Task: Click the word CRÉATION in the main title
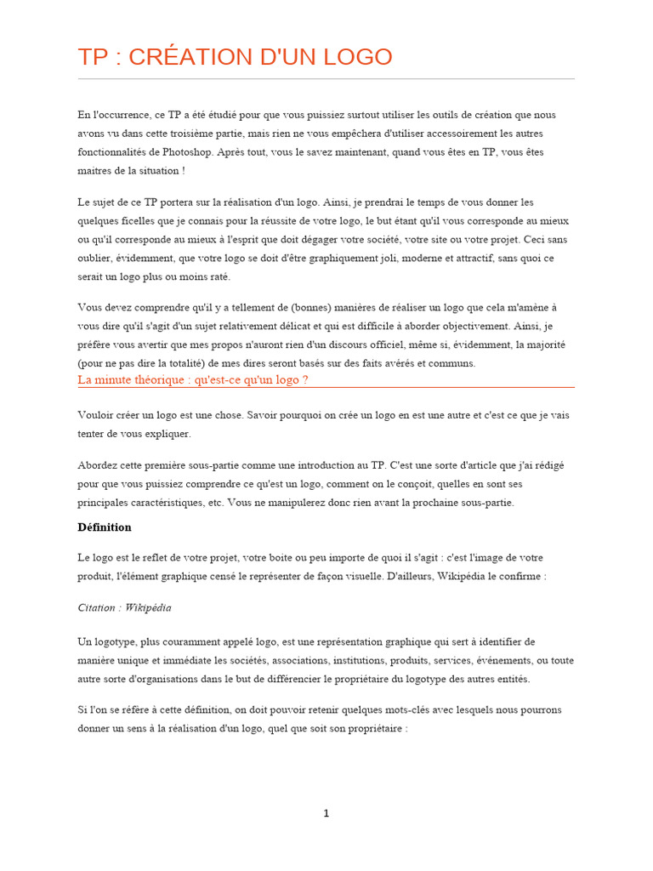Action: [x=183, y=57]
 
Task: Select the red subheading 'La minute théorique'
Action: [x=192, y=379]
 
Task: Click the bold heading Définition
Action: [x=105, y=527]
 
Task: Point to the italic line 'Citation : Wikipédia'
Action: [x=124, y=607]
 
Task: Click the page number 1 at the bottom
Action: [x=326, y=814]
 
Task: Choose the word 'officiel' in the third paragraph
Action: [x=405, y=344]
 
